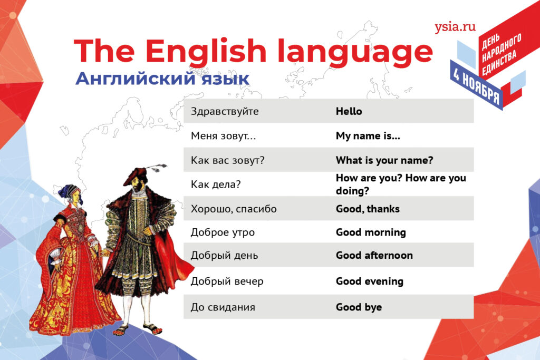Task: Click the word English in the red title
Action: click(206, 52)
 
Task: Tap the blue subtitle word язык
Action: click(225, 79)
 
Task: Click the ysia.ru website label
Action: click(455, 27)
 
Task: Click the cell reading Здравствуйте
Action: click(225, 112)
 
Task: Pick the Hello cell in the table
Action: click(349, 111)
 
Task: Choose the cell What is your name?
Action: click(384, 160)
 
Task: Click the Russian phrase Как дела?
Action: click(216, 184)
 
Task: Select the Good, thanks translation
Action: click(368, 209)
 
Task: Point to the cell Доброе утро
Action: click(223, 232)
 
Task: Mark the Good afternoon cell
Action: click(374, 255)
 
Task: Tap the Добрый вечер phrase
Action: click(227, 281)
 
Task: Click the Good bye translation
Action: click(359, 307)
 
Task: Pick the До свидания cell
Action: click(223, 307)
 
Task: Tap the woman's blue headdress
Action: click(69, 191)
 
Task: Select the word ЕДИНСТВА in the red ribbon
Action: click(499, 62)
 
